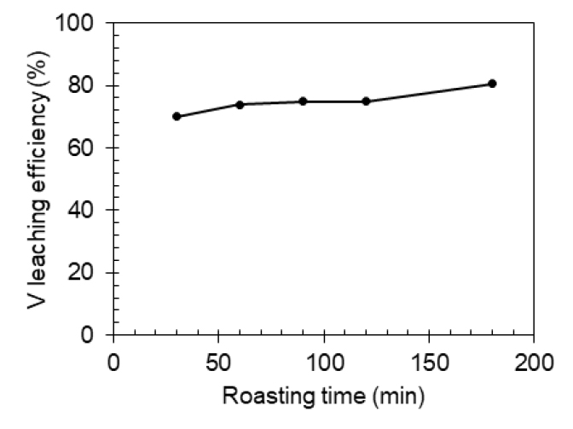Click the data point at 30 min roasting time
(x=177, y=116)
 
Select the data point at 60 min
(x=240, y=104)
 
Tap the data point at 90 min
(x=303, y=101)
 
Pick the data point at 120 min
(x=366, y=101)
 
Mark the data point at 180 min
(x=492, y=84)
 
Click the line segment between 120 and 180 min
(x=429, y=92)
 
